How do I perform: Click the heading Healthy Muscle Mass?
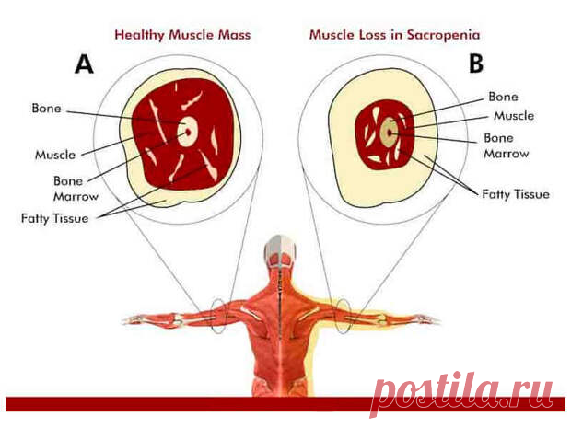(x=182, y=35)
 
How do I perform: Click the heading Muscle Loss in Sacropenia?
(x=394, y=35)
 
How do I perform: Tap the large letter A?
(x=84, y=64)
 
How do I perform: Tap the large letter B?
(x=476, y=64)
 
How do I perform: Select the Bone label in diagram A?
(x=46, y=108)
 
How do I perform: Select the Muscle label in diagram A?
(x=55, y=155)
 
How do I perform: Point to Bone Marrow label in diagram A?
(x=76, y=189)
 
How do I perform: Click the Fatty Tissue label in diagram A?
(x=54, y=218)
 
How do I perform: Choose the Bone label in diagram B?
(x=503, y=97)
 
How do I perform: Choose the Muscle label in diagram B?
(x=514, y=116)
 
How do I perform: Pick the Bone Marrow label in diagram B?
(x=507, y=145)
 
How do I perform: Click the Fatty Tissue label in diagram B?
(x=516, y=194)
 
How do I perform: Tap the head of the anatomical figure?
(x=280, y=251)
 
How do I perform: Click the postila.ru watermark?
(x=461, y=394)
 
